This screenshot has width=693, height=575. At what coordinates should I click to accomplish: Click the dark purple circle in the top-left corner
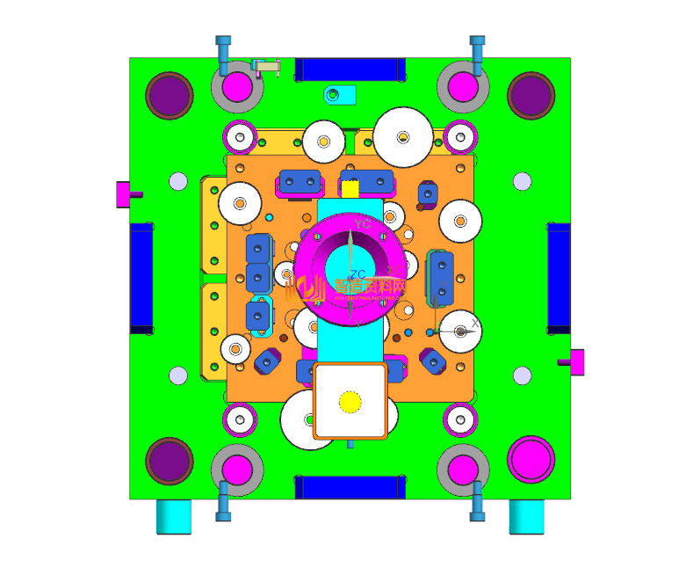click(x=169, y=95)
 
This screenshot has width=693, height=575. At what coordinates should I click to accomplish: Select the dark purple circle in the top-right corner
click(x=531, y=95)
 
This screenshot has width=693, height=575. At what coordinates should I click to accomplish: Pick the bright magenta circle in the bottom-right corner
click(x=531, y=458)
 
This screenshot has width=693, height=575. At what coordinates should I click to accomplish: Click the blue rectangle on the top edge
click(x=350, y=69)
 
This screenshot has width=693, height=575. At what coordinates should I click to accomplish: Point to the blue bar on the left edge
click(x=141, y=277)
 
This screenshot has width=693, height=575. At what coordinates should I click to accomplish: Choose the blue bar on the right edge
click(x=559, y=277)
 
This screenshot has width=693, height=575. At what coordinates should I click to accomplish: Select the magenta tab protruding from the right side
click(x=577, y=360)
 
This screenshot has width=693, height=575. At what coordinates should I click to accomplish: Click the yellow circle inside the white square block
click(x=350, y=402)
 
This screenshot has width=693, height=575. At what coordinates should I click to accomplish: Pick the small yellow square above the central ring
click(x=350, y=188)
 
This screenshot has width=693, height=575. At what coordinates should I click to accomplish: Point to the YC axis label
click(x=363, y=225)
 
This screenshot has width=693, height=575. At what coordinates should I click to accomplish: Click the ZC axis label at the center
click(x=357, y=274)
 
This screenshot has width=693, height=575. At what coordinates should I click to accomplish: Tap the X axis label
click(x=476, y=324)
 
